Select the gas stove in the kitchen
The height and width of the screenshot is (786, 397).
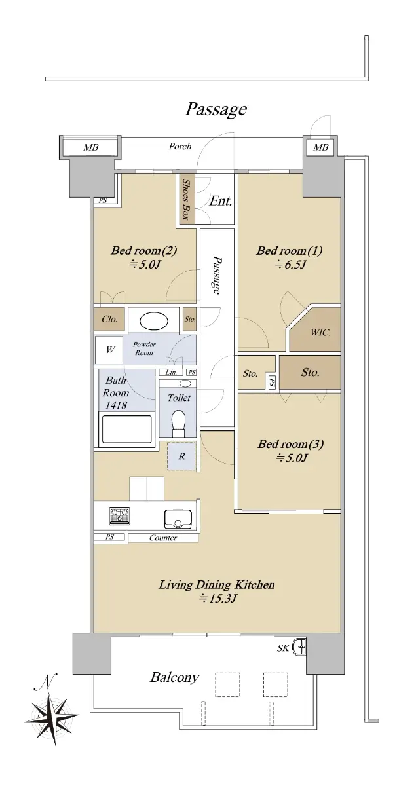click(x=120, y=516)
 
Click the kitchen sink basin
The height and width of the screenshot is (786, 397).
click(x=178, y=519)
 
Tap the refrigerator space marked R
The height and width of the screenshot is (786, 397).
click(x=181, y=456)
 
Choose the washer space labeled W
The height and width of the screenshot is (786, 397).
click(x=109, y=350)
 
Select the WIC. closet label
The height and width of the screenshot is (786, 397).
click(x=320, y=332)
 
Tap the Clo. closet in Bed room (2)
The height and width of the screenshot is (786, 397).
click(x=109, y=319)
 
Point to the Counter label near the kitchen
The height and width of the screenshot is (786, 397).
click(x=163, y=538)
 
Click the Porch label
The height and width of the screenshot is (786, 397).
click(x=180, y=146)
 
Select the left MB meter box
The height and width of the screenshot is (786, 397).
click(x=90, y=147)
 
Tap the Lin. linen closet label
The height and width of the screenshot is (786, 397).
click(x=171, y=372)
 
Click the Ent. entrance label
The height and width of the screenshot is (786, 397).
click(x=220, y=202)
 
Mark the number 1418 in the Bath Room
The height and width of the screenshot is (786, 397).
click(x=116, y=405)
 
